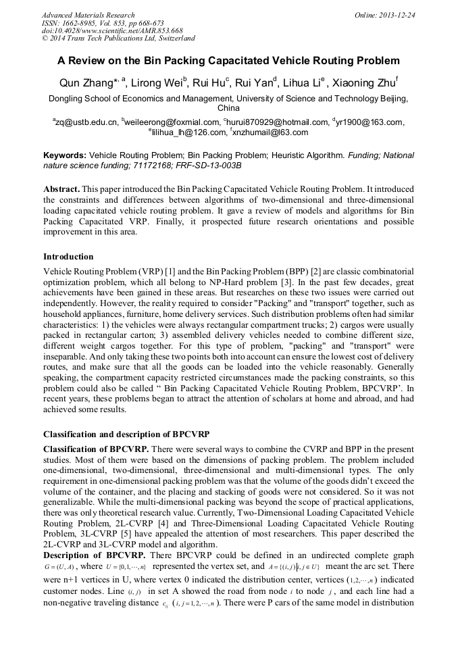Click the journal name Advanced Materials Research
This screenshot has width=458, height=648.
pos(88,15)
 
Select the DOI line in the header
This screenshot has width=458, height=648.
pos(112,30)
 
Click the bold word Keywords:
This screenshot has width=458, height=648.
pos(65,155)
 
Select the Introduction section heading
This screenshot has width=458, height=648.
pos(68,257)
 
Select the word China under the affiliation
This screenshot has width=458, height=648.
pos(229,108)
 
